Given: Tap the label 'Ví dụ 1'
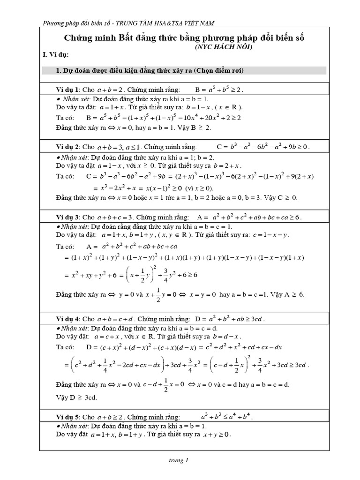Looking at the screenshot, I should tap(67, 89).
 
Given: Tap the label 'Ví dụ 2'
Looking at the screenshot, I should tap(67, 147).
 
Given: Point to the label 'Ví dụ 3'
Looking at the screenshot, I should tap(67, 217).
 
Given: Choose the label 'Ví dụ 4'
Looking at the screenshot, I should tap(67, 319).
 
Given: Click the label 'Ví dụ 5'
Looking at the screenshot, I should tap(67, 416).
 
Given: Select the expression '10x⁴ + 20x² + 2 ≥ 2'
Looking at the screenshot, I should tap(213, 118).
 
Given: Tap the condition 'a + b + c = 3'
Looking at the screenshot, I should tap(115, 217).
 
